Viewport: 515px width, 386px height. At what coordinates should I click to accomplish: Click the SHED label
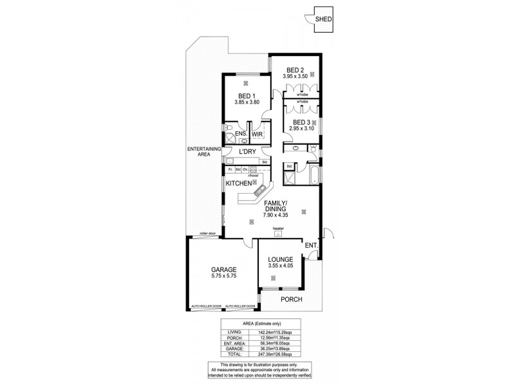click(323, 19)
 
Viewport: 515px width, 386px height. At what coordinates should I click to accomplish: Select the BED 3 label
click(301, 122)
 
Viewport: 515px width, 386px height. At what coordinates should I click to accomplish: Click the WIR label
click(257, 134)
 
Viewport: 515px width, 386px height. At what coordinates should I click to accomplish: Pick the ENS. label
click(240, 134)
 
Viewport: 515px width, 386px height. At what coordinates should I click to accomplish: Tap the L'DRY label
click(248, 152)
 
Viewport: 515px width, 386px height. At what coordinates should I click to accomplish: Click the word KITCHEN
click(238, 184)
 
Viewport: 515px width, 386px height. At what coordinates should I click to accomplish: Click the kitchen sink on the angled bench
click(260, 189)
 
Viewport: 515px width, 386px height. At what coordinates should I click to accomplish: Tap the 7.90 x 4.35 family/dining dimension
click(277, 216)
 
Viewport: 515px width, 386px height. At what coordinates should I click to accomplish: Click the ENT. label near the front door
click(311, 245)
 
